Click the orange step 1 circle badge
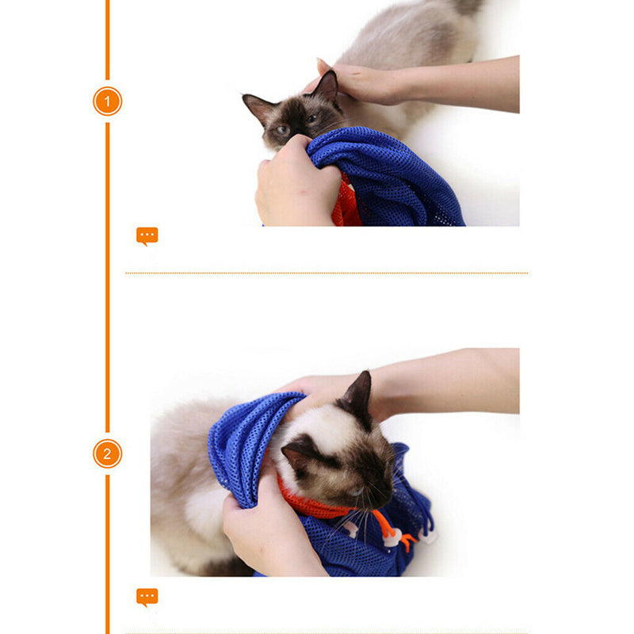tap(108, 101)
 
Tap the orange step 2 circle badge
tap(108, 454)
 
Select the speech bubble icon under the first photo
tap(147, 235)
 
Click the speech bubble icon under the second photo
tap(147, 597)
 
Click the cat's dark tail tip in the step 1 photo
tap(468, 6)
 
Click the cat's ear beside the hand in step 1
tap(327, 86)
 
